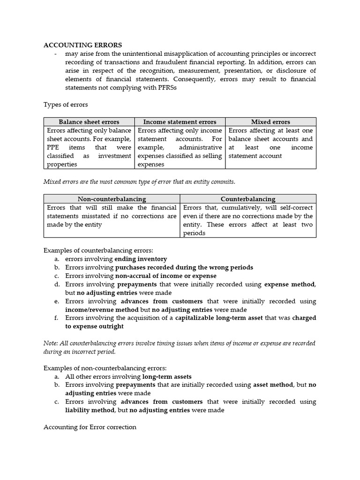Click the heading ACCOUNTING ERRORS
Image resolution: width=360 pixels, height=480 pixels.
82,45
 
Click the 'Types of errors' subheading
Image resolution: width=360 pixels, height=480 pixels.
66,104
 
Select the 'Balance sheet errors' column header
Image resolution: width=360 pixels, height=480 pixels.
89,122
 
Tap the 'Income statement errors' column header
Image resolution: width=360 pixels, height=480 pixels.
180,122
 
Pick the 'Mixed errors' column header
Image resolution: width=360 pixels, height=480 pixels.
270,122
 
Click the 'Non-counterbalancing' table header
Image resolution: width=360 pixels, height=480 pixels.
112,199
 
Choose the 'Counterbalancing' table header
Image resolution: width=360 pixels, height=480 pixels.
248,199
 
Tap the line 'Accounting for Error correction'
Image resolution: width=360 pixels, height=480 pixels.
90,427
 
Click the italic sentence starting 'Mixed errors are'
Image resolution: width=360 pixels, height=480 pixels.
139,181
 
